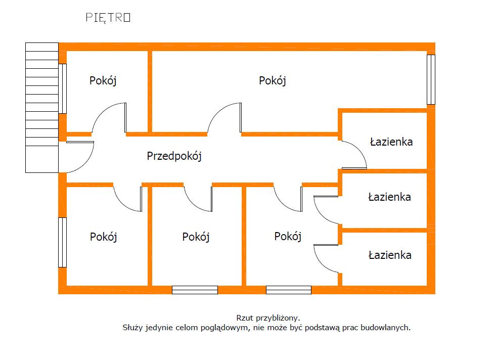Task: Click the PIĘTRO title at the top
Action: (108, 18)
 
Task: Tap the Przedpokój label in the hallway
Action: (174, 156)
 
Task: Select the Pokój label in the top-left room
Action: (103, 80)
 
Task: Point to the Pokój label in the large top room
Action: (273, 80)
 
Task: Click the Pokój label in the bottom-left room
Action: (104, 237)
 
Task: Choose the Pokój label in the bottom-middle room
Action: (196, 237)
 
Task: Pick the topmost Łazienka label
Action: (391, 142)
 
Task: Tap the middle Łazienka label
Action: (389, 197)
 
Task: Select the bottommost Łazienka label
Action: (390, 255)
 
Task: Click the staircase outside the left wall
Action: (42, 107)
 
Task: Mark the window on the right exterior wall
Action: (431, 79)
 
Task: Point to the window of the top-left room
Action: (62, 88)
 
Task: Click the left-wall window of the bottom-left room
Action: (62, 242)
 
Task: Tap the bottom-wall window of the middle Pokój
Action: (195, 290)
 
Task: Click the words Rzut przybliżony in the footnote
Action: (268, 318)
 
